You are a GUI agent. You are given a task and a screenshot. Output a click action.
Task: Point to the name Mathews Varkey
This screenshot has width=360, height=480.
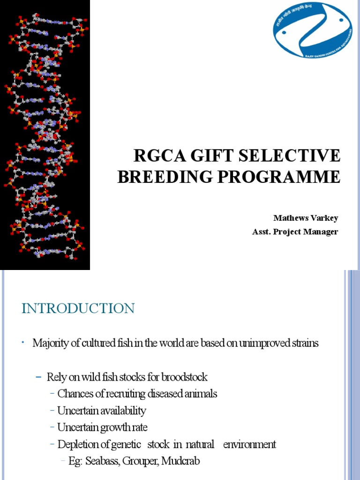pos(306,218)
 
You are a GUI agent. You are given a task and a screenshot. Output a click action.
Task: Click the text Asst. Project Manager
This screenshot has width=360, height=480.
pos(295,232)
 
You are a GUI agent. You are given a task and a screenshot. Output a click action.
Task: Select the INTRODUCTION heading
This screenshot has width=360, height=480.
pos(78,308)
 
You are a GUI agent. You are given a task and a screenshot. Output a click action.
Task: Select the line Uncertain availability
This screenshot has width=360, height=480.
pos(102,411)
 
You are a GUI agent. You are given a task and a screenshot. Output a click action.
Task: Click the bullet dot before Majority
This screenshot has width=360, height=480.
pos(22,344)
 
